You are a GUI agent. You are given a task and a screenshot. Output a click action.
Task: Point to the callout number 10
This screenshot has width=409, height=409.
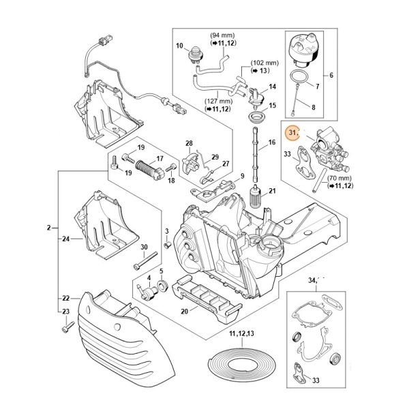[x=180, y=46]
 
